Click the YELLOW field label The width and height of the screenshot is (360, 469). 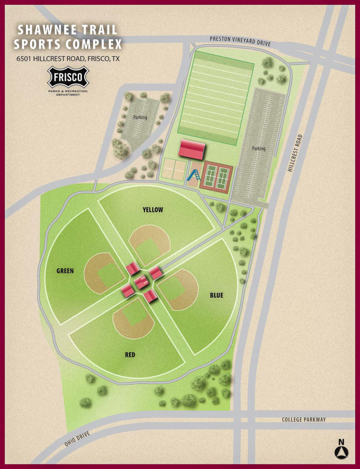pos(153,210)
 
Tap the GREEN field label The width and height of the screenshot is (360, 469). pos(65,271)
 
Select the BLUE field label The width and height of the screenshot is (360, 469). pos(217,295)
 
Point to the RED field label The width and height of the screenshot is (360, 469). pos(130,355)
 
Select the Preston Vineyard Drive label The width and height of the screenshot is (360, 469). pos(240,40)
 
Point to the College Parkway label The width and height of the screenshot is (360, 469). pos(303,419)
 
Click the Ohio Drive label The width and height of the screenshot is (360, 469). pos(77,439)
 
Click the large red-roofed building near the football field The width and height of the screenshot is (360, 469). pos(192,149)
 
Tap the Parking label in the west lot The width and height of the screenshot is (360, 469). pos(140,117)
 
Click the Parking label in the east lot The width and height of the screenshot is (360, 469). pos(259,148)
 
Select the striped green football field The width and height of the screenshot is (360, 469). pos(216,98)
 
